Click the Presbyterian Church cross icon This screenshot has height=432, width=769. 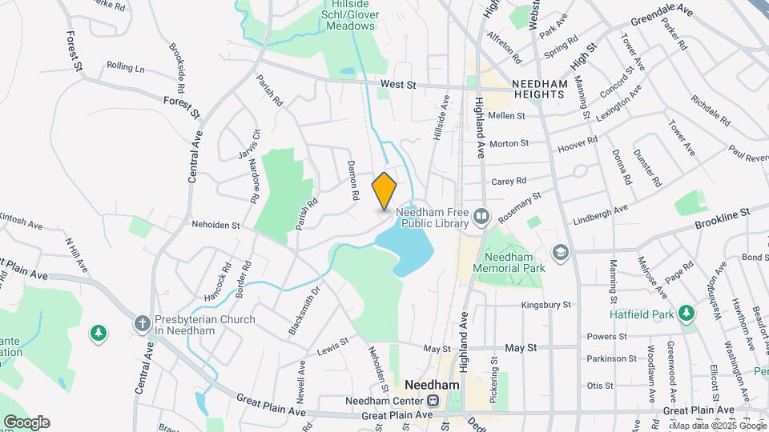click(143, 322)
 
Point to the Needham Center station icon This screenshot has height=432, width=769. click(433, 400)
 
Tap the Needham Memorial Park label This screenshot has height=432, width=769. click(508, 263)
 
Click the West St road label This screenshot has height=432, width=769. click(398, 84)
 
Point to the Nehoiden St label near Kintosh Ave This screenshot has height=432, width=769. click(215, 226)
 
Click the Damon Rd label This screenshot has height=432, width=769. click(352, 179)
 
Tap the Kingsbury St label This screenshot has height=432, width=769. click(546, 305)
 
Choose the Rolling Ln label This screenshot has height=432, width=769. click(126, 67)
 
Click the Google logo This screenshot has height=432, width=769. click(26, 422)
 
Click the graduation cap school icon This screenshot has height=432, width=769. click(560, 253)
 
